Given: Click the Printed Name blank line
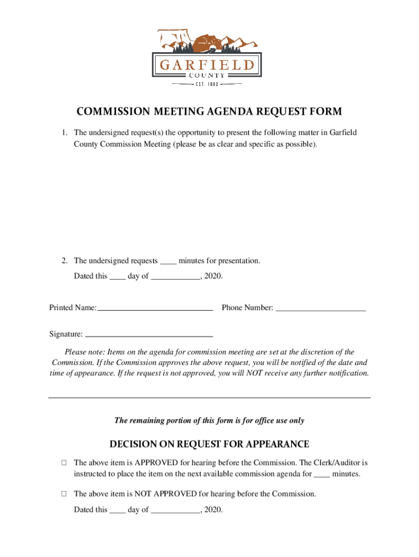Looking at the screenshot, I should (x=155, y=309).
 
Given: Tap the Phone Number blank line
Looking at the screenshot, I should (x=321, y=310).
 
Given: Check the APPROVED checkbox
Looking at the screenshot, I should (x=64, y=463).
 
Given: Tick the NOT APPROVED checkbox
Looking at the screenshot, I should (x=64, y=494).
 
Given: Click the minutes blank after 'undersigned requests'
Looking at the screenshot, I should (x=169, y=262).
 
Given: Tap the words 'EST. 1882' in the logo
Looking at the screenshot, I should (x=207, y=85).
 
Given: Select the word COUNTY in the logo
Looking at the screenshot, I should (x=207, y=76).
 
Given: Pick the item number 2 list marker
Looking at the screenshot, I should (x=64, y=261).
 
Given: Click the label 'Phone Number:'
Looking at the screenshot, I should (x=247, y=308).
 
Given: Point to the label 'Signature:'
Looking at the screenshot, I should (x=66, y=334).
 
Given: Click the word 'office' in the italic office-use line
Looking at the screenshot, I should (x=252, y=420).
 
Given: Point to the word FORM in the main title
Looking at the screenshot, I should (x=325, y=112).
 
